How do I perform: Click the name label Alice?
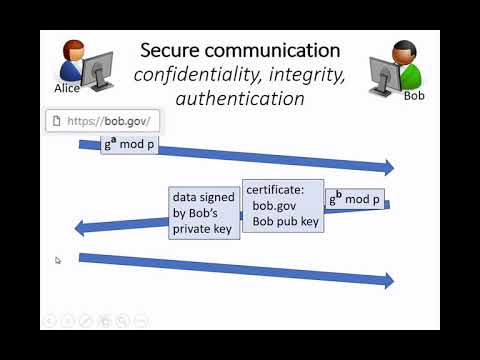67,88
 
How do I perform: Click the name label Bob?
414,97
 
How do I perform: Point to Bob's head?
404,52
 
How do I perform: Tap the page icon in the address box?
58,122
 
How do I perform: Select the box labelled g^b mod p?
354,198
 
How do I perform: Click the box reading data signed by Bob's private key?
202,214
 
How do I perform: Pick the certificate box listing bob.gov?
282,205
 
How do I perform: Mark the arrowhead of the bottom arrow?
388,280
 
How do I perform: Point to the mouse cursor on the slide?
58,260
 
